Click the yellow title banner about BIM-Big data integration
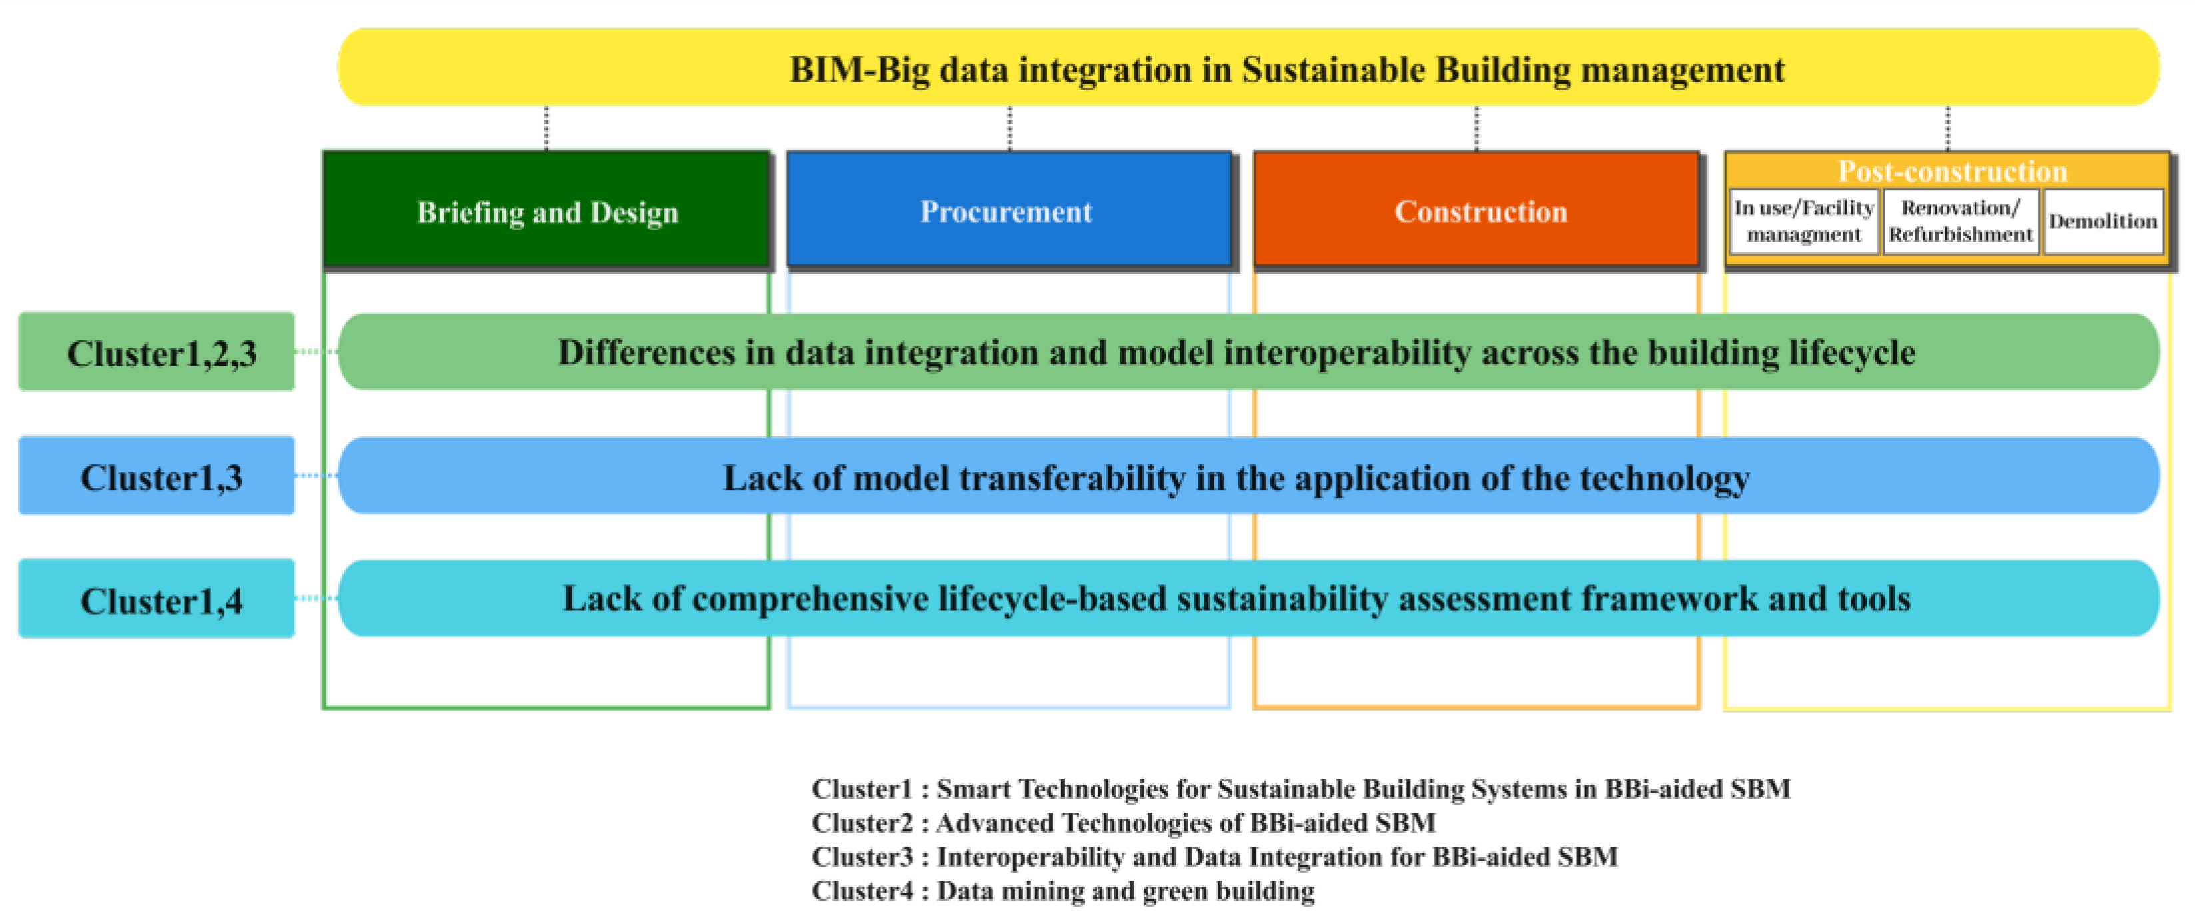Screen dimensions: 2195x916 tap(1248, 67)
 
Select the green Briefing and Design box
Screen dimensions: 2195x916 tap(547, 211)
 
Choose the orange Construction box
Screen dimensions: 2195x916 tap(1478, 211)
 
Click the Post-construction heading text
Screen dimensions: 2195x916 tap(1952, 171)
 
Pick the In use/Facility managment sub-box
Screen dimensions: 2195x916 tap(1804, 221)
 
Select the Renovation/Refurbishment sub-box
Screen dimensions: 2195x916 tap(1961, 221)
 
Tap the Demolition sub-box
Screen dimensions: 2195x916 tap(2103, 221)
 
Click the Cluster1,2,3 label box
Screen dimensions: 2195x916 tap(157, 352)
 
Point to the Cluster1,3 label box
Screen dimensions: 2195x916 tap(157, 476)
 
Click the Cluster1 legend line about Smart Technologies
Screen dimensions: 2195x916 tap(1300, 788)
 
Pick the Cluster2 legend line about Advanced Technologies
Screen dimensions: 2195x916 tap(1123, 822)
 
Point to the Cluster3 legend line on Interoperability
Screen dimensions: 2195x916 tap(1214, 856)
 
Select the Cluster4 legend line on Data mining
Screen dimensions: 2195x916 tap(1063, 891)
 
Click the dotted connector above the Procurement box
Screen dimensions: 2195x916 tap(1010, 129)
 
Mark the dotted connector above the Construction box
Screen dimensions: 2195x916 tap(1477, 129)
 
